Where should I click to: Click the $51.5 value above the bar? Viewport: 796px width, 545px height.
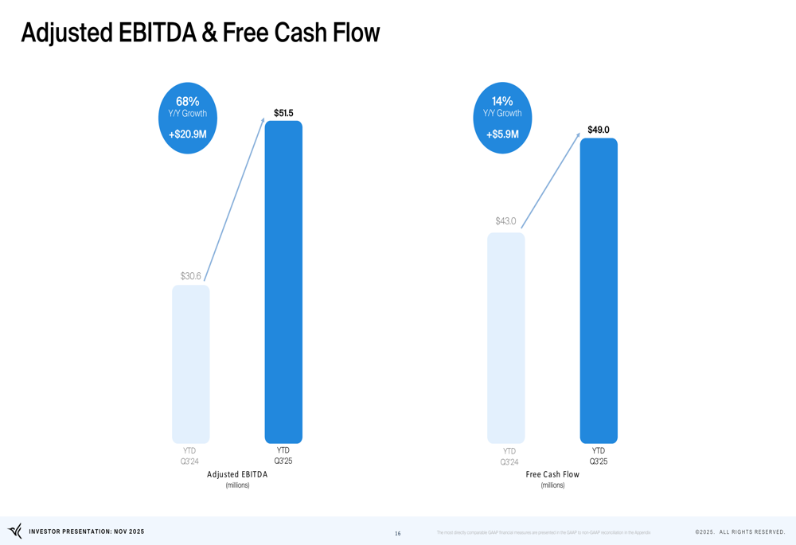(283, 113)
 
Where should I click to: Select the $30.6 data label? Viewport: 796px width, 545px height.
(190, 276)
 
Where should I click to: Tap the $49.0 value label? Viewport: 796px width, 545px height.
(599, 130)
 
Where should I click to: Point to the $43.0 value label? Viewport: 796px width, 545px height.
(505, 221)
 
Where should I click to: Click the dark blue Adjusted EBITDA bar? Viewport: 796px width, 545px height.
(283, 282)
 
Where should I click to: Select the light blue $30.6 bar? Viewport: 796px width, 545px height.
(191, 364)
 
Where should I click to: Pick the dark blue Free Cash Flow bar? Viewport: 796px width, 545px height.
(599, 290)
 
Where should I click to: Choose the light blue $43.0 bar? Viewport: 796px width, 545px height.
(505, 337)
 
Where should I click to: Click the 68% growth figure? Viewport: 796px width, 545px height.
(188, 102)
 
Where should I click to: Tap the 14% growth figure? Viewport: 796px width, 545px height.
(502, 102)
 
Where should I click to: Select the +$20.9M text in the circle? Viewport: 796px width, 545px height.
(188, 134)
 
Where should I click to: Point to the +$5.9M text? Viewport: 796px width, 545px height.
(502, 134)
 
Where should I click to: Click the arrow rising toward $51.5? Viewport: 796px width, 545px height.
(234, 199)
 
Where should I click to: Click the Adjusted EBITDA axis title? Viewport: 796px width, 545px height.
(237, 474)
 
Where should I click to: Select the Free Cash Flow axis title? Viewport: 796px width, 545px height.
(552, 474)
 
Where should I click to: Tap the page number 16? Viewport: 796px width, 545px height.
(398, 534)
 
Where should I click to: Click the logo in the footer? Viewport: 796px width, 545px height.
(15, 531)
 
